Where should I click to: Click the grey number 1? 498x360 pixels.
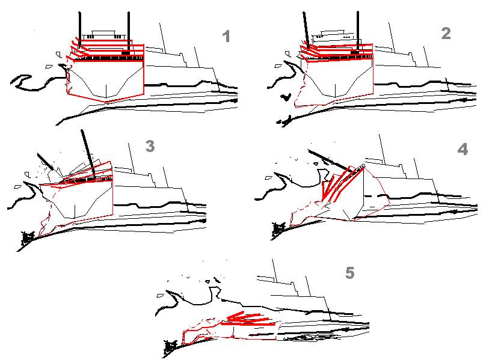pyautogui.click(x=226, y=37)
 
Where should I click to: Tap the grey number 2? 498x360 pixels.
pyautogui.click(x=446, y=33)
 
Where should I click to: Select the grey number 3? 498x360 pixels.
pyautogui.click(x=150, y=147)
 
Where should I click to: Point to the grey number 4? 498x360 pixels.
pyautogui.click(x=463, y=149)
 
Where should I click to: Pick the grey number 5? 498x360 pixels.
pyautogui.click(x=349, y=273)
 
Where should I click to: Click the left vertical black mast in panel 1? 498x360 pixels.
pyautogui.click(x=80, y=29)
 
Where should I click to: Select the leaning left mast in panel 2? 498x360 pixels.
pyautogui.click(x=306, y=30)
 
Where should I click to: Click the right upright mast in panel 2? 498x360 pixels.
pyautogui.click(x=358, y=31)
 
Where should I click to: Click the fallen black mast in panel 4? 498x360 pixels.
pyautogui.click(x=330, y=161)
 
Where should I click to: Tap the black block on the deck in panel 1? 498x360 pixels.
pyautogui.click(x=126, y=52)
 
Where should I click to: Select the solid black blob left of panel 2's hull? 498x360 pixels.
pyautogui.click(x=286, y=97)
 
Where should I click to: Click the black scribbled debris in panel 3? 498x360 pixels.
pyautogui.click(x=27, y=239)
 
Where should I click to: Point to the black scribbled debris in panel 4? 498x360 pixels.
pyautogui.click(x=279, y=228)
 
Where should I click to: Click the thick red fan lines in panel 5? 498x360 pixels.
pyautogui.click(x=250, y=319)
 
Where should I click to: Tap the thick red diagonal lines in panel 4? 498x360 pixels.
pyautogui.click(x=342, y=184)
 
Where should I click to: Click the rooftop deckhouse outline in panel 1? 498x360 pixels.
pyautogui.click(x=103, y=35)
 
